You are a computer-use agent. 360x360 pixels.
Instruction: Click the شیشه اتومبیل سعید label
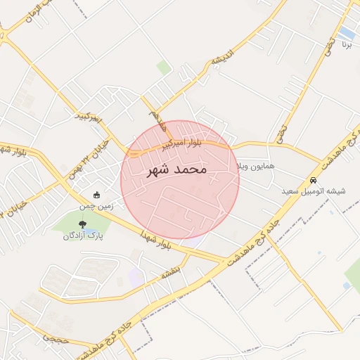[x=314, y=191]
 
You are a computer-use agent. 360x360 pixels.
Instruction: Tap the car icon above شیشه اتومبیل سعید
[x=313, y=179]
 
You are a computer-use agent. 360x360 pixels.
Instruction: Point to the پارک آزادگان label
[x=83, y=236]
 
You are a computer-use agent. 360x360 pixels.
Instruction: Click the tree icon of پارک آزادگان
[x=83, y=224]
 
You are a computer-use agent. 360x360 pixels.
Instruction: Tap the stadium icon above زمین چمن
[x=96, y=195]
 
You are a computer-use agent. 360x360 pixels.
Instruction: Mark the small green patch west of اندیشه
[x=164, y=67]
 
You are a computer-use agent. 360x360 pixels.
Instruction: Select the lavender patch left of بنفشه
[x=135, y=276]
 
